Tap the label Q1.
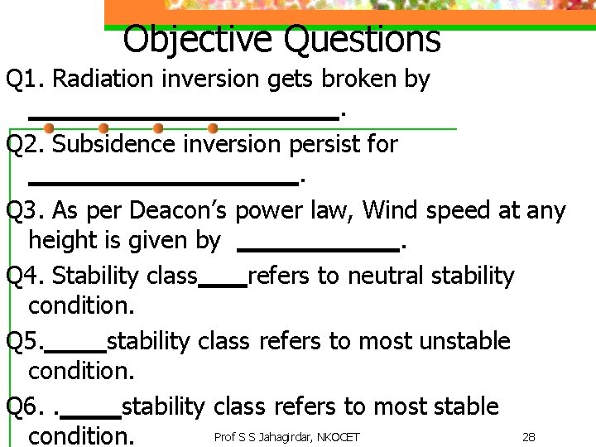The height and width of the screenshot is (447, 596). coord(25,79)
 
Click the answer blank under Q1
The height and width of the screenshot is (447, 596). coord(183,118)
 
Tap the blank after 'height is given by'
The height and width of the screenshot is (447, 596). coord(317,248)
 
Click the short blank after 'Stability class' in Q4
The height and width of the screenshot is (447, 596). coord(223,284)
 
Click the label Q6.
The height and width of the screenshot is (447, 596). coord(23,407)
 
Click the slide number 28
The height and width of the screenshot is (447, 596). coord(528,437)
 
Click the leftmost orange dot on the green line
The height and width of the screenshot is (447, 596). coord(49,128)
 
